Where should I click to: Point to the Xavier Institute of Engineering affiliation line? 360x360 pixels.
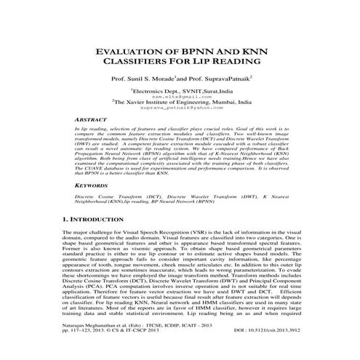[183, 103]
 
